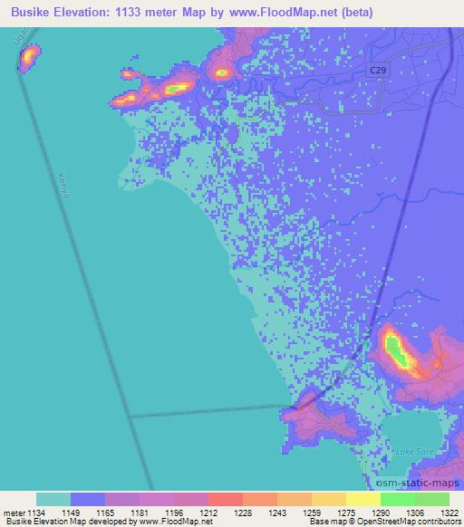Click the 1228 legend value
point(243,512)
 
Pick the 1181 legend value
point(140,512)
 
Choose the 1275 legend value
point(346,512)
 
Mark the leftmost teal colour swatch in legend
point(53,499)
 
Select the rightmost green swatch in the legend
point(432,499)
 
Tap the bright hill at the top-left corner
point(28,58)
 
